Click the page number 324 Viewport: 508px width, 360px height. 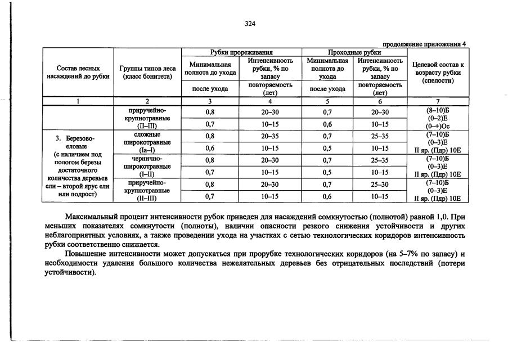[250, 24]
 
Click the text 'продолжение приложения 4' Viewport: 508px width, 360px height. [424, 44]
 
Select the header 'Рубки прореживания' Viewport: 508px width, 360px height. [241, 52]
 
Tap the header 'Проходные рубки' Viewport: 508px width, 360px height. [354, 52]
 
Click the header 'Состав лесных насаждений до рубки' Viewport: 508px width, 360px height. [77, 72]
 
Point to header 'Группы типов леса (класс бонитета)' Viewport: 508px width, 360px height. [148, 72]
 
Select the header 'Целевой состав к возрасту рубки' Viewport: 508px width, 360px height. [438, 73]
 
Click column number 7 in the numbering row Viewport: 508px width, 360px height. [438, 101]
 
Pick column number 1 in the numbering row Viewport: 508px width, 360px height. [78, 101]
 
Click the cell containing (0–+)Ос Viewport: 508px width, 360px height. [438, 127]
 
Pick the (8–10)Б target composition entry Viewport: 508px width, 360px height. [438, 110]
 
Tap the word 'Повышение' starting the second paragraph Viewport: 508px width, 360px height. [84, 254]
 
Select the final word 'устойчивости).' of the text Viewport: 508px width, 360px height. [70, 272]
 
